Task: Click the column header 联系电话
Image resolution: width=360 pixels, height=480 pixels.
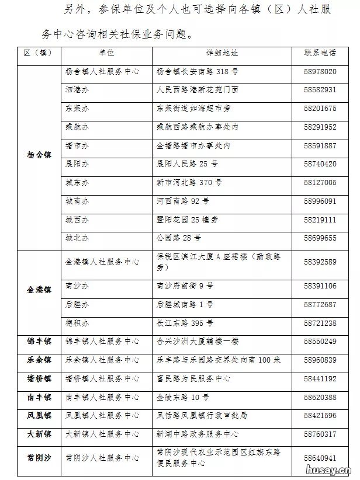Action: point(320,53)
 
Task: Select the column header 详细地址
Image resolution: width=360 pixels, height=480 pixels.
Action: point(222,53)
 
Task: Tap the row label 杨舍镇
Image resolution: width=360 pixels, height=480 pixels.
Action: point(39,155)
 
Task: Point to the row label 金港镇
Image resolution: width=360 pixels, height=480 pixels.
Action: point(39,290)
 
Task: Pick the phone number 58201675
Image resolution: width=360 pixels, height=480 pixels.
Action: point(320,109)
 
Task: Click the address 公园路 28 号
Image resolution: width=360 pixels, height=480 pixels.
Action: point(179,238)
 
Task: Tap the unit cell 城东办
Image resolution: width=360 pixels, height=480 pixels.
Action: point(77,183)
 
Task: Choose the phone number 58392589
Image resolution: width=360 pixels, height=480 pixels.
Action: point(320,262)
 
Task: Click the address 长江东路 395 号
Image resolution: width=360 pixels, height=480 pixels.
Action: point(185,323)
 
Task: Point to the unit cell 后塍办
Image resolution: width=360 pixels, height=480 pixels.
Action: point(77,305)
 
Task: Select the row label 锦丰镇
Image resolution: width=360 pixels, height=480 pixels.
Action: point(39,341)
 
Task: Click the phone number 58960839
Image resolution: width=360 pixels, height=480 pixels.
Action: point(320,360)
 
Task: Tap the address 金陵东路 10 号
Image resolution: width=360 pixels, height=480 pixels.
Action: point(183,397)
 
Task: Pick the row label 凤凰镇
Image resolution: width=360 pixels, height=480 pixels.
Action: point(39,416)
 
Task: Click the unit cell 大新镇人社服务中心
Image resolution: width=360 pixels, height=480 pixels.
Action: point(102,434)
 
